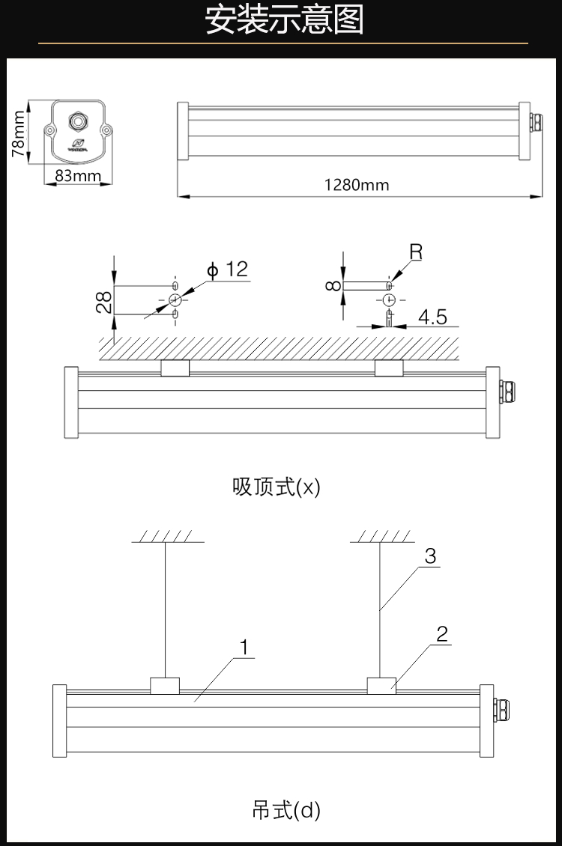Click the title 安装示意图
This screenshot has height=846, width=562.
tap(284, 22)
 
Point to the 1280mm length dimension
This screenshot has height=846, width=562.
tap(357, 185)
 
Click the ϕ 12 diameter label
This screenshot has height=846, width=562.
tap(228, 270)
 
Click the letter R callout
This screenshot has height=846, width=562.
tap(416, 252)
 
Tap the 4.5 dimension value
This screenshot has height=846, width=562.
tap(432, 317)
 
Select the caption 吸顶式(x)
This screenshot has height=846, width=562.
tap(277, 487)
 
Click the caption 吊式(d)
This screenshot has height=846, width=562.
tap(286, 811)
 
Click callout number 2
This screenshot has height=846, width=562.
tap(442, 635)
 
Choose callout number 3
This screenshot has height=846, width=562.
tap(430, 556)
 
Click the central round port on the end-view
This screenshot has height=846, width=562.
tap(77, 121)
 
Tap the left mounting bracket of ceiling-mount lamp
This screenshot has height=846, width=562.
tap(175, 368)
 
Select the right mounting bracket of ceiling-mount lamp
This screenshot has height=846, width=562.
tap(389, 368)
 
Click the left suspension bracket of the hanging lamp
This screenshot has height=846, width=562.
tap(165, 685)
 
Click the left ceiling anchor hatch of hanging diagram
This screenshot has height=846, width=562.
tap(163, 537)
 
